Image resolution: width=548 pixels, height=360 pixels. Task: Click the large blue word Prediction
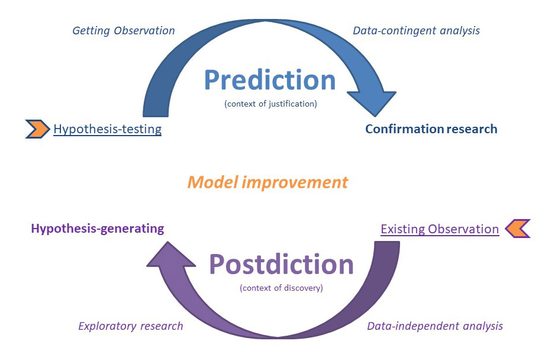(x=270, y=80)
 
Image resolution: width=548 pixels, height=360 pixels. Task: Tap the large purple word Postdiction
(x=281, y=264)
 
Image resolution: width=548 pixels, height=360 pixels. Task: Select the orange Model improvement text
(x=267, y=182)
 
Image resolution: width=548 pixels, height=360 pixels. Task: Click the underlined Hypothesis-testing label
(x=107, y=129)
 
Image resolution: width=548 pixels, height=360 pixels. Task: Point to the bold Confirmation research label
(x=431, y=129)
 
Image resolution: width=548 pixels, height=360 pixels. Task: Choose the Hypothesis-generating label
(x=98, y=229)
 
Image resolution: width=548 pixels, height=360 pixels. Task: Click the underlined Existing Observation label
(x=440, y=229)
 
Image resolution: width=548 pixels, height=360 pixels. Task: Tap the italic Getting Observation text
(x=124, y=31)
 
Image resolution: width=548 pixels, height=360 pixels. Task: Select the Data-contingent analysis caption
(x=416, y=31)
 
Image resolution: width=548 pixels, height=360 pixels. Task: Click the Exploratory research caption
(x=131, y=326)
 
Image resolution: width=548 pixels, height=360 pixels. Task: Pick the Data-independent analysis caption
(x=435, y=326)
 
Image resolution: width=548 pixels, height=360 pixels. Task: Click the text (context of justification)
(x=270, y=104)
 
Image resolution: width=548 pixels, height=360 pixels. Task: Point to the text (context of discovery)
(x=281, y=288)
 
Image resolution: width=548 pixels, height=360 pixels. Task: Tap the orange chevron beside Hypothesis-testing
(x=38, y=129)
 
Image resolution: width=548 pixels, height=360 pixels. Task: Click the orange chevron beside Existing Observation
(x=518, y=229)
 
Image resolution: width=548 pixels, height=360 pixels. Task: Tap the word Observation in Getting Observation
(x=144, y=31)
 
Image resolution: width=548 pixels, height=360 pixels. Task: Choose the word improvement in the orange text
(x=295, y=182)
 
